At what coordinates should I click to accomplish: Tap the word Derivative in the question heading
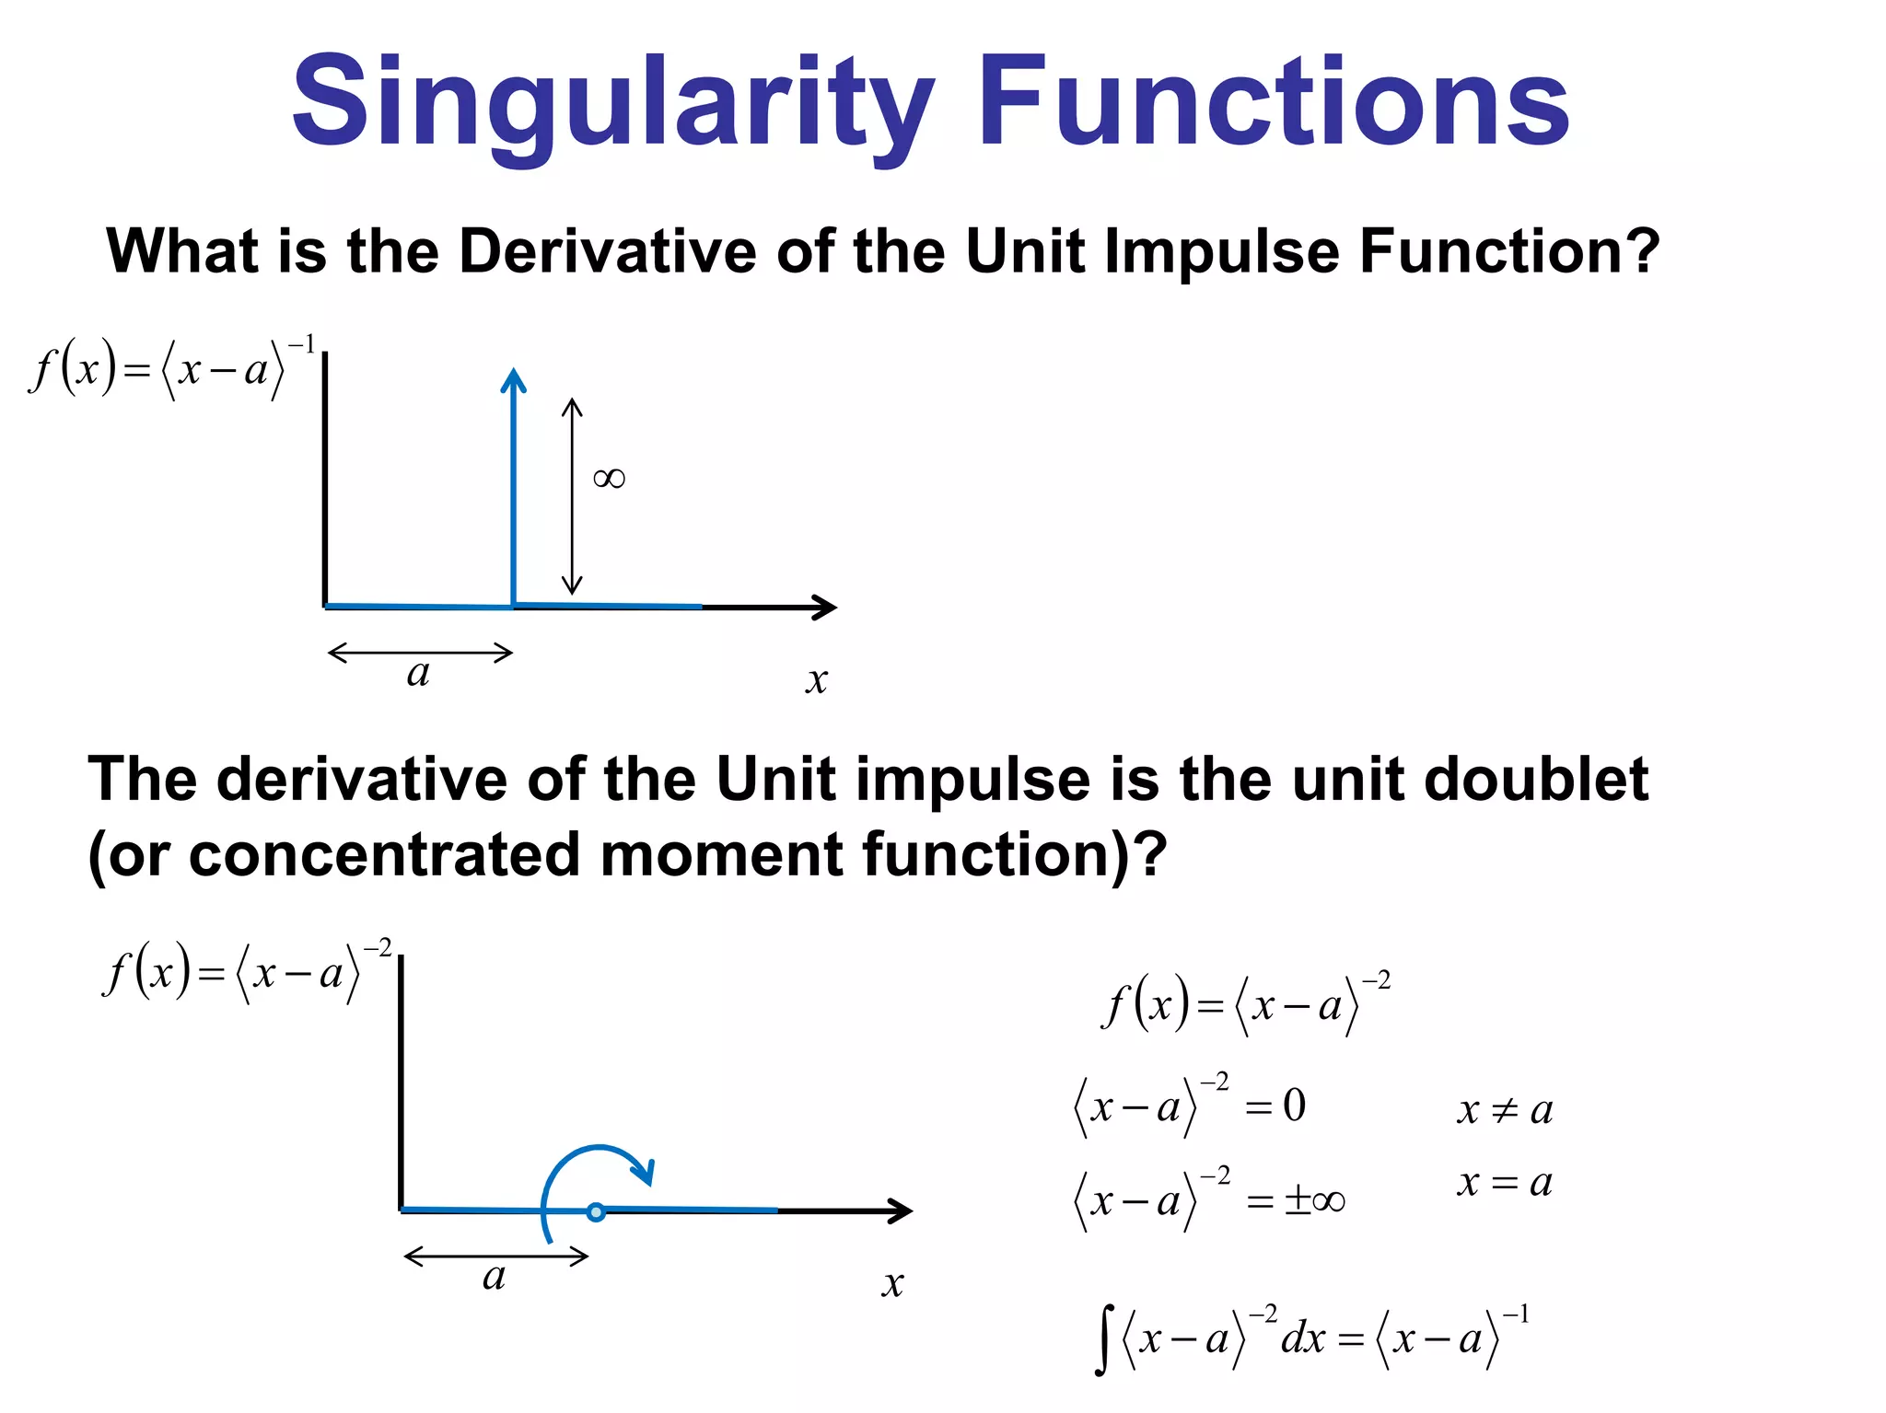(609, 251)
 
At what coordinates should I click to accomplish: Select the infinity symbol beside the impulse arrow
(609, 478)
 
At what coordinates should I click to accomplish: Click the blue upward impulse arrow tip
(513, 377)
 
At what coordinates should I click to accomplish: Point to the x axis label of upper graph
(816, 680)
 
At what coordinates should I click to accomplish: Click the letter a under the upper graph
(419, 674)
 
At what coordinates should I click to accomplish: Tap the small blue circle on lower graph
(596, 1211)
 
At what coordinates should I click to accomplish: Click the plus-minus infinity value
(1314, 1199)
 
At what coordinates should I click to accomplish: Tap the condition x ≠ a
(1505, 1110)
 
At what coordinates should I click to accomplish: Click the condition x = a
(1505, 1182)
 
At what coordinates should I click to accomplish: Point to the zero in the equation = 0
(1294, 1105)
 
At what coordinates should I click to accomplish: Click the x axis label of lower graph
(892, 1282)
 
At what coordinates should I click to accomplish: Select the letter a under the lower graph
(495, 1277)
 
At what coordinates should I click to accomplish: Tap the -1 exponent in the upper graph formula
(302, 346)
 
